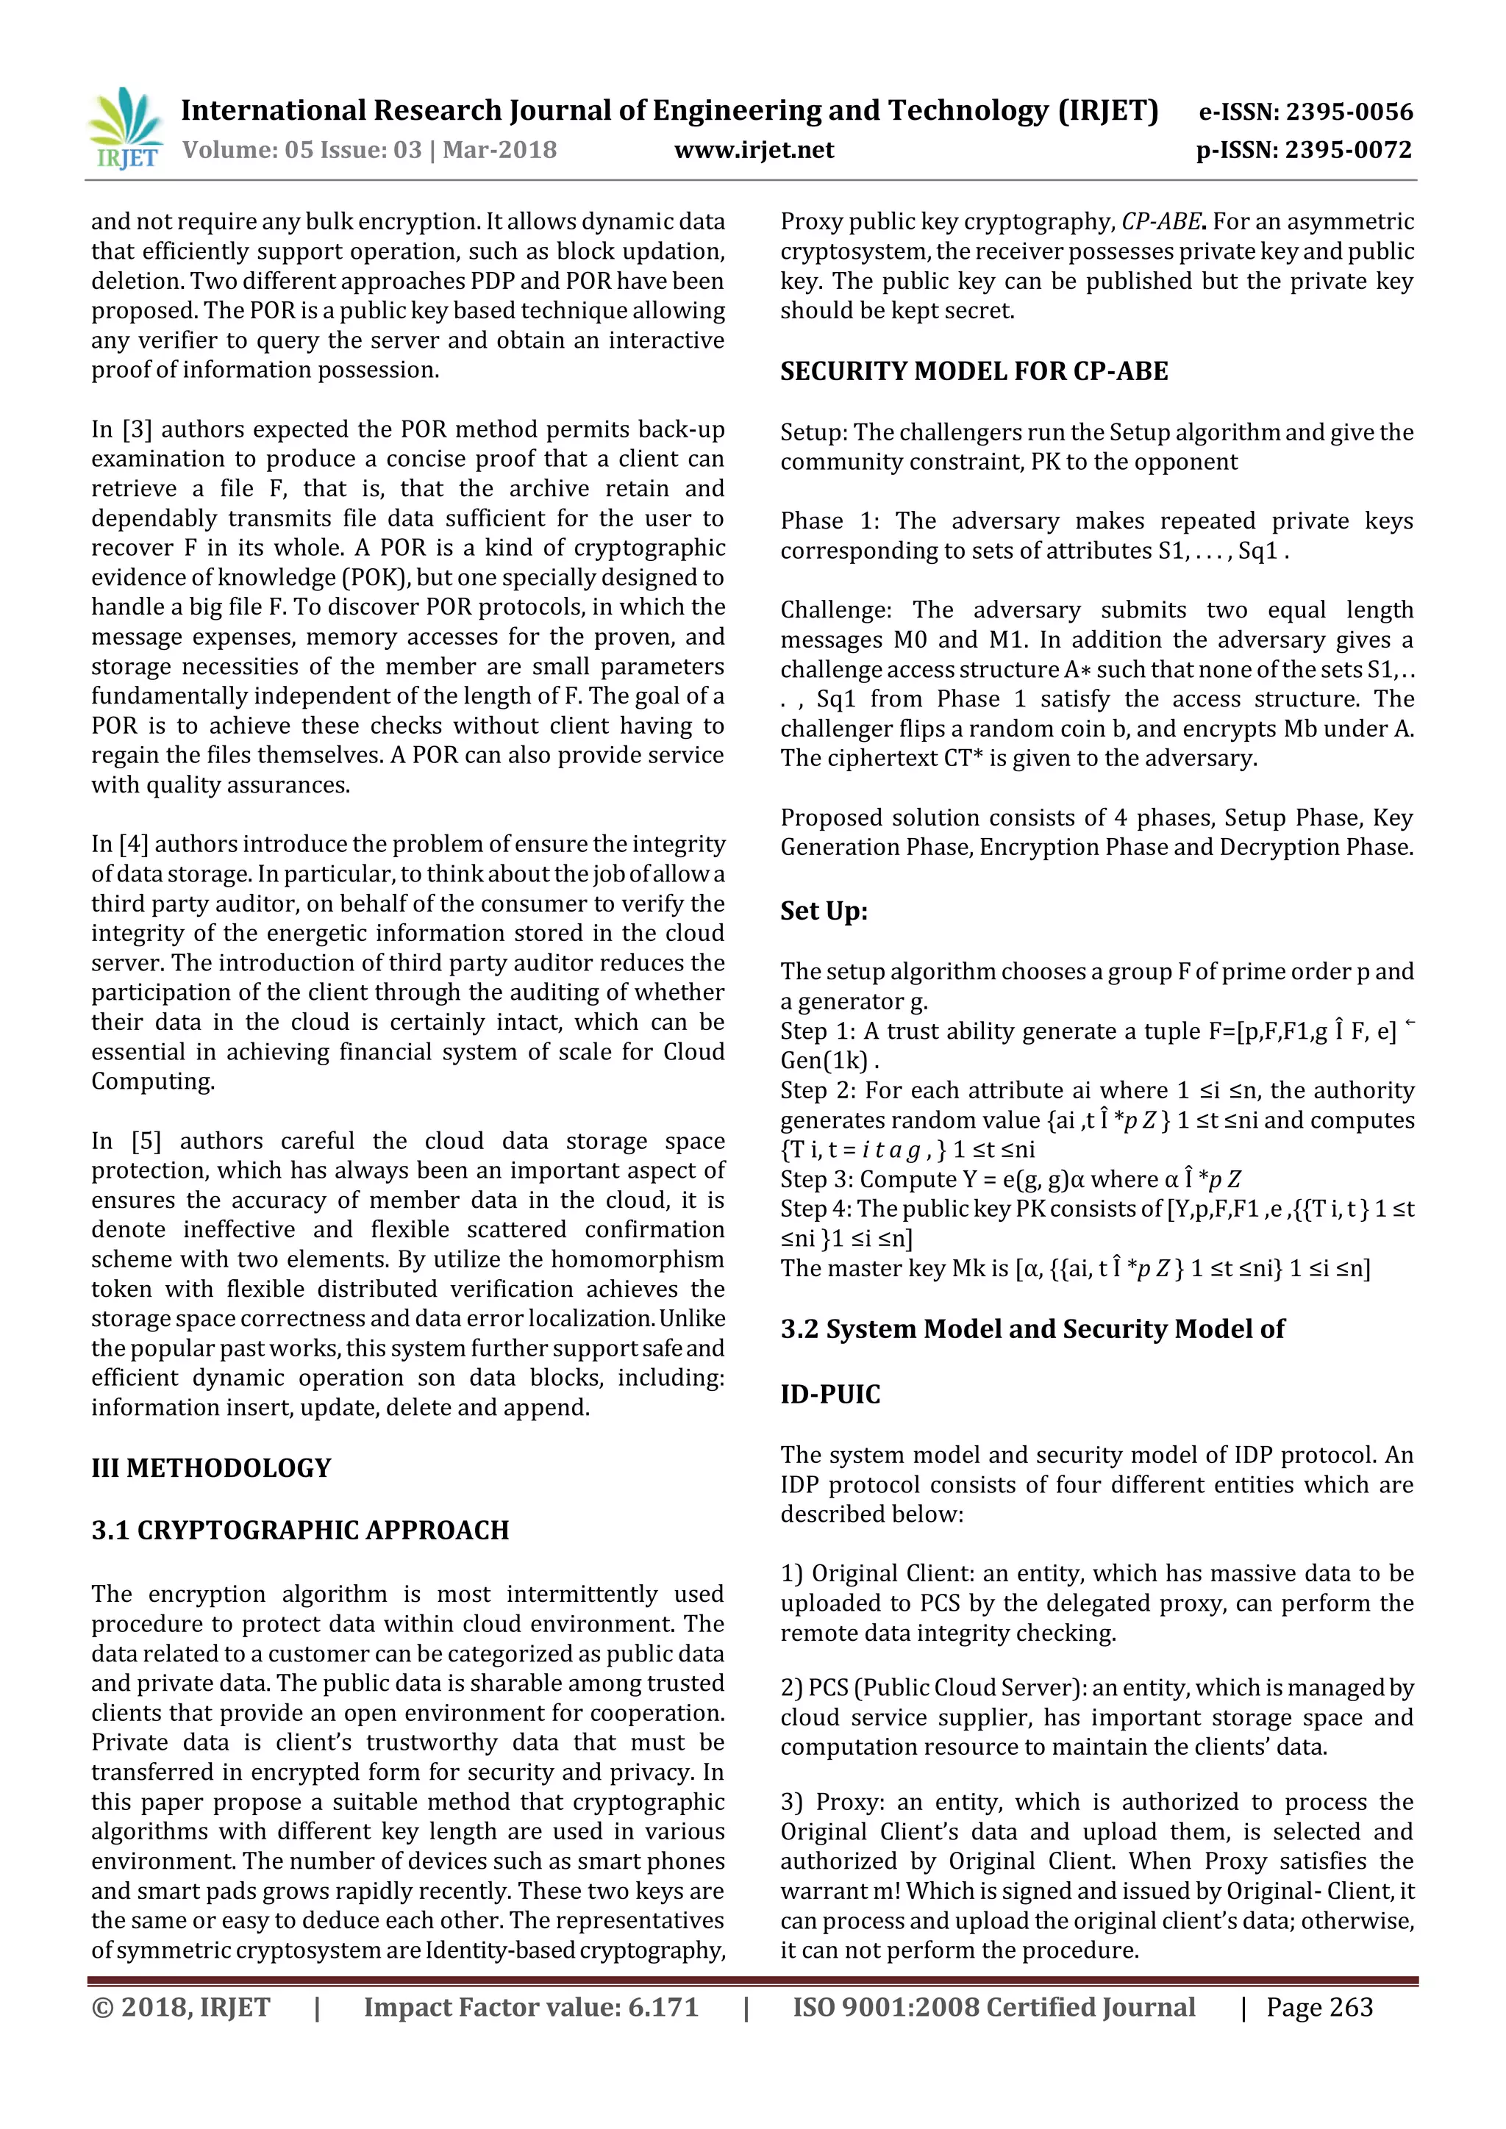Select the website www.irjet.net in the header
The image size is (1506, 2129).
(753, 149)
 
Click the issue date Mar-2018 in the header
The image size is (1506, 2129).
(500, 149)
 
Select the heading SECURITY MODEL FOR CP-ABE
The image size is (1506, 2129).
(974, 371)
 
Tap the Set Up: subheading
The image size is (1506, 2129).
(824, 911)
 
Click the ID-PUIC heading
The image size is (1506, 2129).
(830, 1395)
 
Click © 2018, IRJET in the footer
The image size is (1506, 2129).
(181, 2008)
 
